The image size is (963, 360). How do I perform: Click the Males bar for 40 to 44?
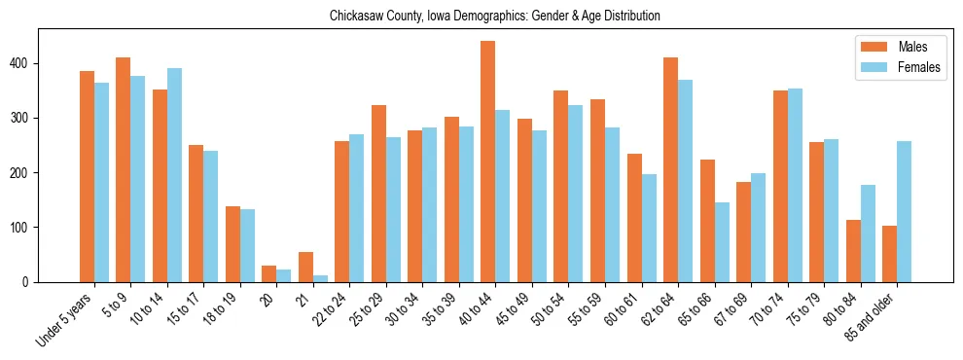[x=488, y=162]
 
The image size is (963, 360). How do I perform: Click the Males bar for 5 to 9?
[x=123, y=169]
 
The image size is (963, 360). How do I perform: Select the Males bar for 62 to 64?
[x=670, y=169]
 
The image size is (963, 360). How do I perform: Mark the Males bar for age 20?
[x=269, y=273]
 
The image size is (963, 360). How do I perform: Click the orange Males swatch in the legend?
[x=871, y=47]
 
